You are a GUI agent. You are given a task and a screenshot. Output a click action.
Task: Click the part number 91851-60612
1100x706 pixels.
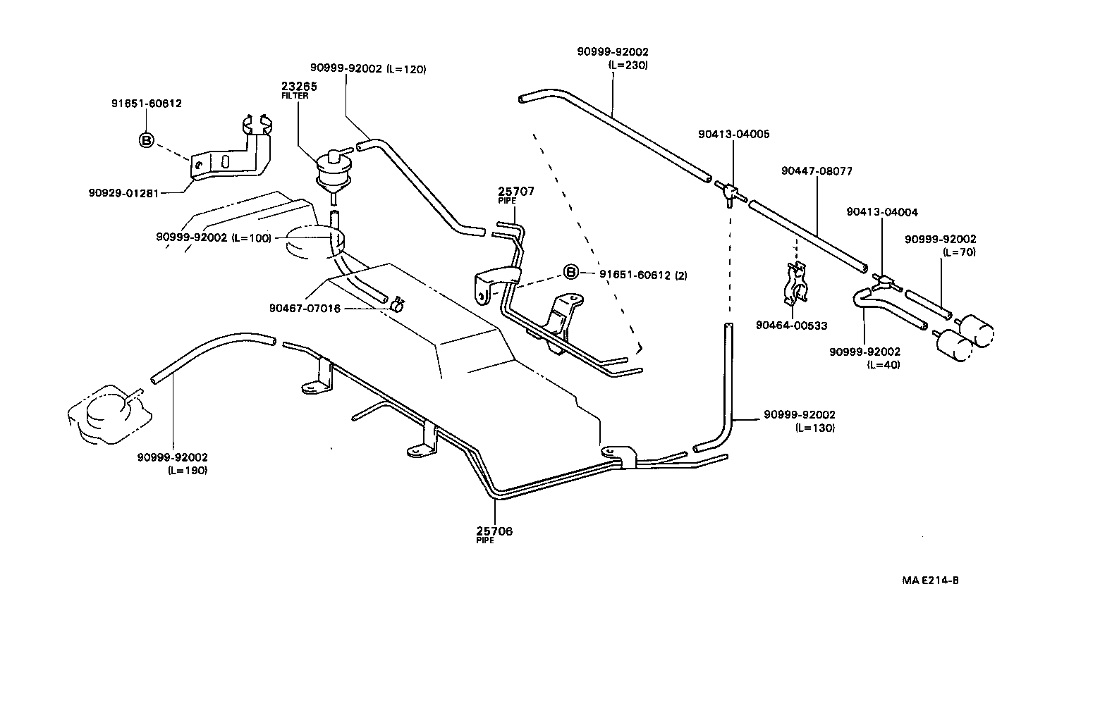[x=147, y=104]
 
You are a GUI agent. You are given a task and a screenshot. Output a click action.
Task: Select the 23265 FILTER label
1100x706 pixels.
[x=299, y=90]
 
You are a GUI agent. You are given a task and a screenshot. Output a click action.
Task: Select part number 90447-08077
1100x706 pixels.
[x=817, y=171]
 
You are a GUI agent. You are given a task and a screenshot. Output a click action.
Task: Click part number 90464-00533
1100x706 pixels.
[x=791, y=326]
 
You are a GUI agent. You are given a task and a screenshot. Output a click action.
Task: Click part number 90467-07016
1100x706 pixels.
[x=305, y=308]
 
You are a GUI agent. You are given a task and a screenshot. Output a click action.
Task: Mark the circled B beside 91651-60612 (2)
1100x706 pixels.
[x=570, y=273]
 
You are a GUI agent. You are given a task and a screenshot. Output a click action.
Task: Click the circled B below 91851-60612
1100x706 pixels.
[x=146, y=140]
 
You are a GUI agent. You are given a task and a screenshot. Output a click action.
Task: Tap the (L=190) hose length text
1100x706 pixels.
[x=187, y=471]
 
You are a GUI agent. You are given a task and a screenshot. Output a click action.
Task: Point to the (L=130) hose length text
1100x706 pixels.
[x=814, y=428]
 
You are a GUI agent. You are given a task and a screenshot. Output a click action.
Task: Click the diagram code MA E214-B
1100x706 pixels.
[x=930, y=581]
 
